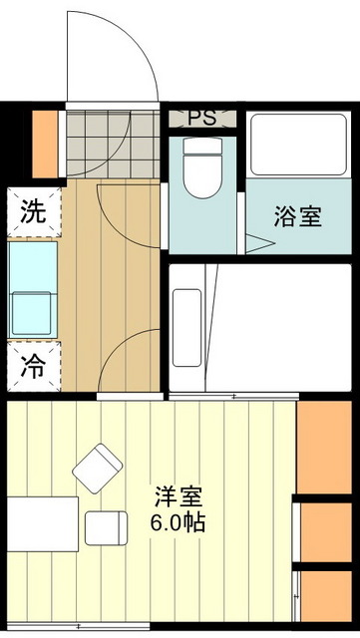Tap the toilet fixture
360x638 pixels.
click(205, 162)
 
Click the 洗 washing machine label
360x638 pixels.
click(33, 211)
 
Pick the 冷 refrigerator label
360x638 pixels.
click(33, 366)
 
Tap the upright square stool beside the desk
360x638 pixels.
click(105, 526)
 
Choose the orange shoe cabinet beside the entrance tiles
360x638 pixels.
click(45, 143)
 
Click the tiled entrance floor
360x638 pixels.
click(113, 143)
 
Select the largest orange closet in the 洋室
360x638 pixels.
click(327, 445)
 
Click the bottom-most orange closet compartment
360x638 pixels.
click(327, 598)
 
